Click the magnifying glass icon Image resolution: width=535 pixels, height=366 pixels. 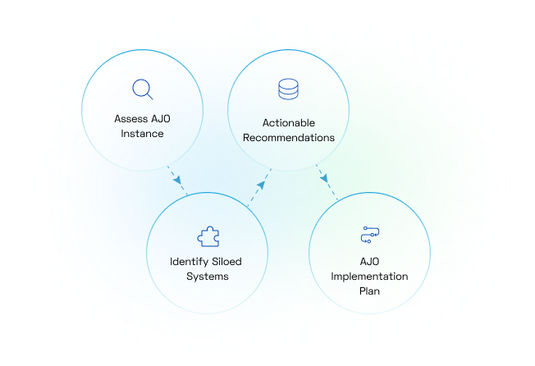pyautogui.click(x=144, y=89)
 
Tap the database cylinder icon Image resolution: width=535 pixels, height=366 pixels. pyautogui.click(x=288, y=89)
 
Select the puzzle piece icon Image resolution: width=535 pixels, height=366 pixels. pyautogui.click(x=208, y=237)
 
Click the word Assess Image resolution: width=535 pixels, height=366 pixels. pyautogui.click(x=131, y=118)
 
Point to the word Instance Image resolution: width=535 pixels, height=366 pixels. pyautogui.click(x=144, y=133)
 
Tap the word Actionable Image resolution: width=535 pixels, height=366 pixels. pyautogui.click(x=289, y=123)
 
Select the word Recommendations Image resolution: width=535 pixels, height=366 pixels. pyautogui.click(x=289, y=138)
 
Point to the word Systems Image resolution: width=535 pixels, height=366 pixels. pyautogui.click(x=207, y=277)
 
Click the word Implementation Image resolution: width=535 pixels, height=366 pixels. pyautogui.click(x=369, y=276)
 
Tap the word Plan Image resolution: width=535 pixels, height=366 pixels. pyautogui.click(x=369, y=291)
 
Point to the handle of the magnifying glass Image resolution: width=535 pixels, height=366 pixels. pyautogui.click(x=151, y=96)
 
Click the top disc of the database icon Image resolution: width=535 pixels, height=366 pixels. pyautogui.click(x=288, y=82)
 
